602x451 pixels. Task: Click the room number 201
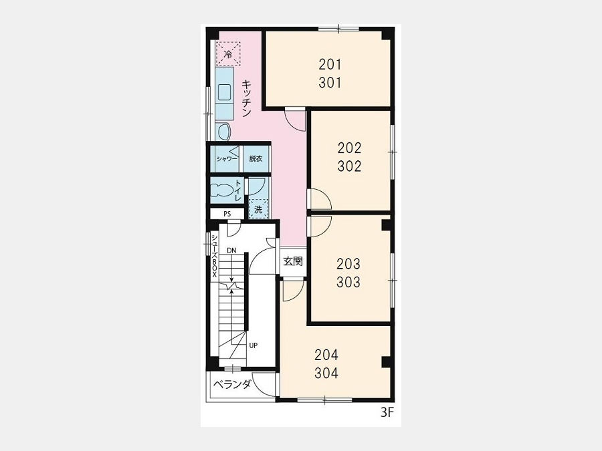click(330, 64)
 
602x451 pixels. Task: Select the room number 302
click(349, 166)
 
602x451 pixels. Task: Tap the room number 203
click(348, 264)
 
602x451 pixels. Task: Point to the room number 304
click(326, 373)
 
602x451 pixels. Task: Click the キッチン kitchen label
click(246, 98)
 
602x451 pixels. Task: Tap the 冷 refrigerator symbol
click(228, 54)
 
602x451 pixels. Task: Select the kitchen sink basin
click(224, 92)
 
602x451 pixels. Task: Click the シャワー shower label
click(227, 159)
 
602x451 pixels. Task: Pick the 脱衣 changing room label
click(256, 158)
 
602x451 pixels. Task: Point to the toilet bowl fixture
click(222, 190)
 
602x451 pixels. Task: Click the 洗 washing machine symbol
click(258, 209)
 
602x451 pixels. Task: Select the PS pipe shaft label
click(227, 214)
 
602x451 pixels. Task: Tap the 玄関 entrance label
click(293, 261)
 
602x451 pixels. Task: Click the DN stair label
click(231, 251)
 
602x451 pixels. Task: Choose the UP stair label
click(253, 345)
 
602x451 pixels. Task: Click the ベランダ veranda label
click(232, 384)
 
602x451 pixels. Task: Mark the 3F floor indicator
click(387, 413)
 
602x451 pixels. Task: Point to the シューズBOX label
click(214, 256)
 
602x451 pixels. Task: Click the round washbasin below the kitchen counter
click(224, 132)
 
